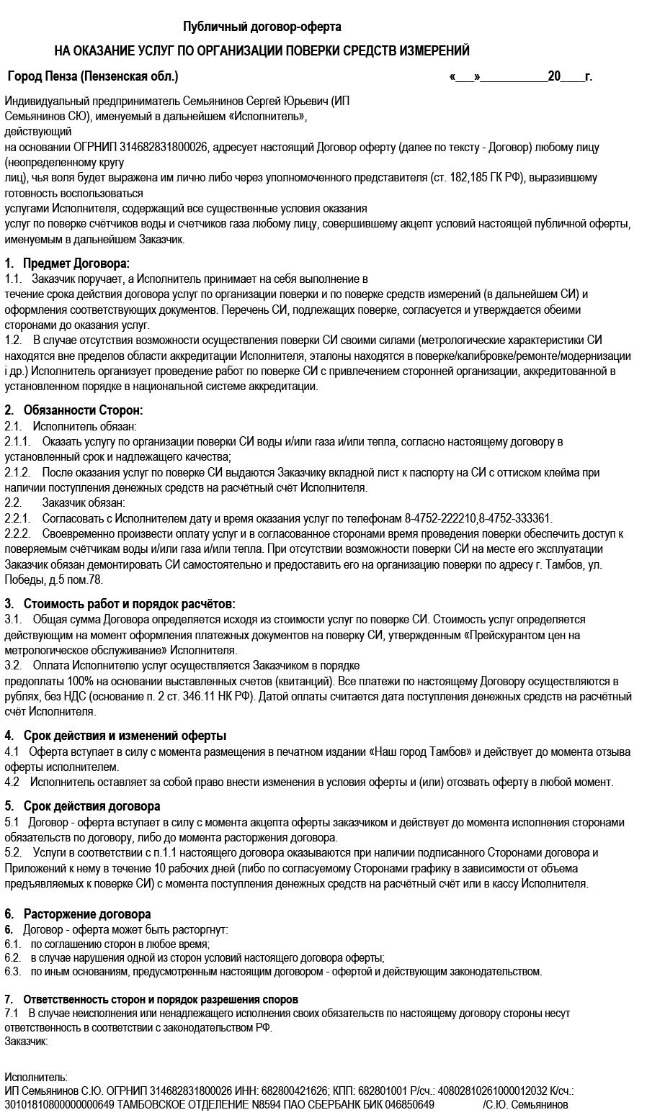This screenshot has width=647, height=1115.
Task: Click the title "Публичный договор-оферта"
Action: (262, 27)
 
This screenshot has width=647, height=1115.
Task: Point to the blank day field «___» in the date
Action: (465, 76)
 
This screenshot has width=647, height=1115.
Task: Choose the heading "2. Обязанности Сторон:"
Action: (73, 410)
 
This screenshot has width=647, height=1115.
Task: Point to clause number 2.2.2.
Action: (17, 534)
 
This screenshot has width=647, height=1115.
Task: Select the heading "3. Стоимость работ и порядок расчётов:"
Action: (120, 604)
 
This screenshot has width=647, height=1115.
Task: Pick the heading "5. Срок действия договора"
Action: (82, 806)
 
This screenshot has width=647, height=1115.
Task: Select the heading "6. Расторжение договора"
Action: (78, 915)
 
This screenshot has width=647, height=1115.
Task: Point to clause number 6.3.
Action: (12, 972)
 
